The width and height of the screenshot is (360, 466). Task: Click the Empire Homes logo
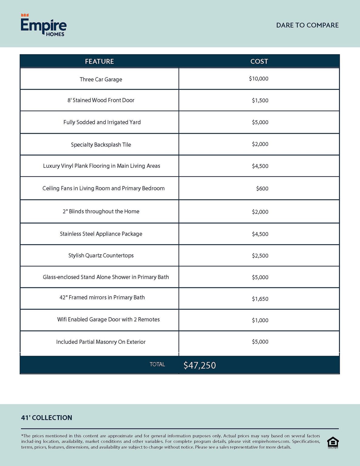43,25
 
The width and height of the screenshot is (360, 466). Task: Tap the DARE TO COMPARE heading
307,25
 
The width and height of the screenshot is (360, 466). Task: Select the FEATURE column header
99,61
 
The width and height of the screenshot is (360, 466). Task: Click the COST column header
259,61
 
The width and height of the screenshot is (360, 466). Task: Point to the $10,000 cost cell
258,79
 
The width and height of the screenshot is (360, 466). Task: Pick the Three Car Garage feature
101,79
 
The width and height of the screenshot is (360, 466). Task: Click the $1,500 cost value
260,100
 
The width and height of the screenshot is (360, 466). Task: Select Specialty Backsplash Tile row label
101,145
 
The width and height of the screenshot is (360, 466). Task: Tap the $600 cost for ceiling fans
262,188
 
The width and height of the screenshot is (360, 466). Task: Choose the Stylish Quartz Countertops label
101,255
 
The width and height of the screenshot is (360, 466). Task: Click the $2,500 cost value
260,255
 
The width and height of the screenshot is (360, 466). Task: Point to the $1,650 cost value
260,299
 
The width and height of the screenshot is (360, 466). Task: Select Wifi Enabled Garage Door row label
108,319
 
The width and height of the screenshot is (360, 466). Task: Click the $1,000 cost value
260,320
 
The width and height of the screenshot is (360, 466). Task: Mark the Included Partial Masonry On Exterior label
101,342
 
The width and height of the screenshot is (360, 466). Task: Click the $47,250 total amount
200,365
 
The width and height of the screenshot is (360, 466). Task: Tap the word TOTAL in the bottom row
157,364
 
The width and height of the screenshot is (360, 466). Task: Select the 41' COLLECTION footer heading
46,417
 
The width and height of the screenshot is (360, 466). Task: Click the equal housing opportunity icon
333,442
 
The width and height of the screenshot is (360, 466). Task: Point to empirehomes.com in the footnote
271,441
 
